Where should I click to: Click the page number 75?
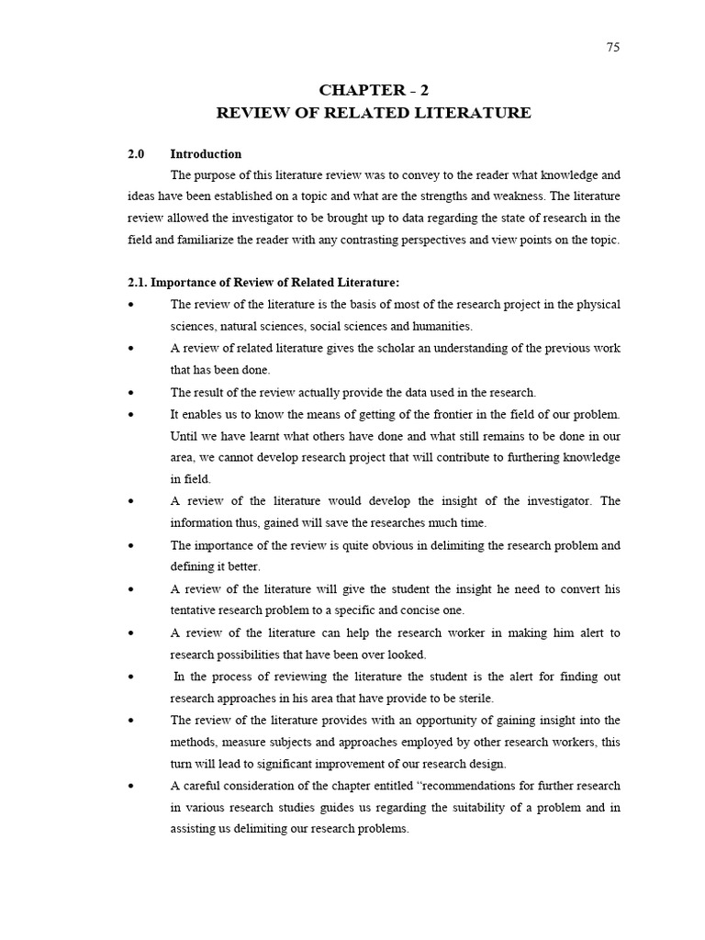coord(613,48)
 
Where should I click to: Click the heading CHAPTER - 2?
coord(373,90)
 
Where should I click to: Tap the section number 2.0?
coord(137,154)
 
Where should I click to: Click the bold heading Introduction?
coord(206,154)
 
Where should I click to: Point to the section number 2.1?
coord(139,282)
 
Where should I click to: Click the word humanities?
coord(443,326)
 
